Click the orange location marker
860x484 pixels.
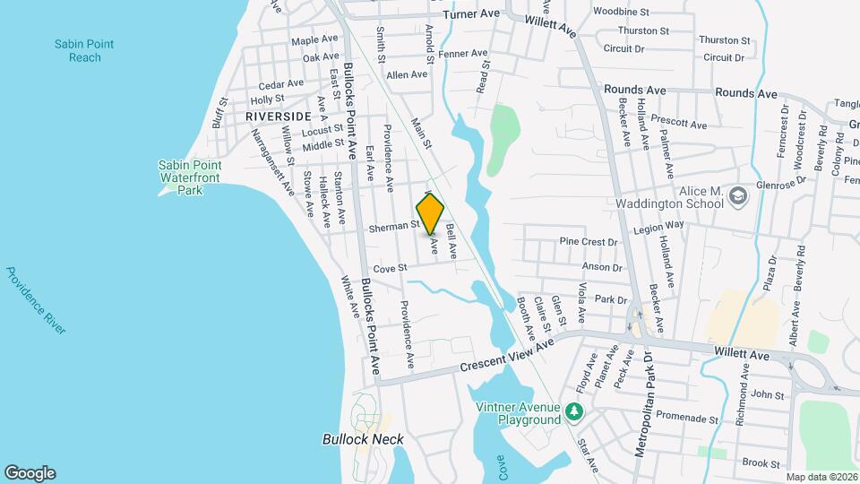pyautogui.click(x=430, y=213)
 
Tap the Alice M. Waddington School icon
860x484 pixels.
pyautogui.click(x=738, y=195)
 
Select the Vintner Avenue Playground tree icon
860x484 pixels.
pyautogui.click(x=574, y=412)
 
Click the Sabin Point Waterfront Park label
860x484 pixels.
pyautogui.click(x=189, y=177)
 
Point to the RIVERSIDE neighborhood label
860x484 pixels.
pyautogui.click(x=279, y=117)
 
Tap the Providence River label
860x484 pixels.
pyautogui.click(x=36, y=299)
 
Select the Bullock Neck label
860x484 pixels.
pyautogui.click(x=363, y=439)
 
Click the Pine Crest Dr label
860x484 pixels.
pyautogui.click(x=589, y=242)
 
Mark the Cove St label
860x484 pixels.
pyautogui.click(x=390, y=267)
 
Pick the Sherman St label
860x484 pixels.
pyautogui.click(x=394, y=229)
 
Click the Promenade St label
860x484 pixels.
pyautogui.click(x=688, y=418)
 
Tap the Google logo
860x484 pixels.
pyautogui.click(x=30, y=473)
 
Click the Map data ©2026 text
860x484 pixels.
pyautogui.click(x=821, y=477)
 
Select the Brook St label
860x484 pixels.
pyautogui.click(x=762, y=462)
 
